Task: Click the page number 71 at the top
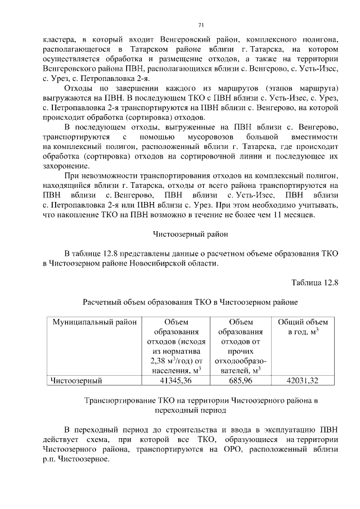click(201, 25)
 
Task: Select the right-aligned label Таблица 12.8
click(314, 282)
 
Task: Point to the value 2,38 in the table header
click(159, 361)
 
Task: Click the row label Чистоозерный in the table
click(76, 381)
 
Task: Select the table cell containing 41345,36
click(176, 381)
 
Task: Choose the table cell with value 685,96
click(240, 381)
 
